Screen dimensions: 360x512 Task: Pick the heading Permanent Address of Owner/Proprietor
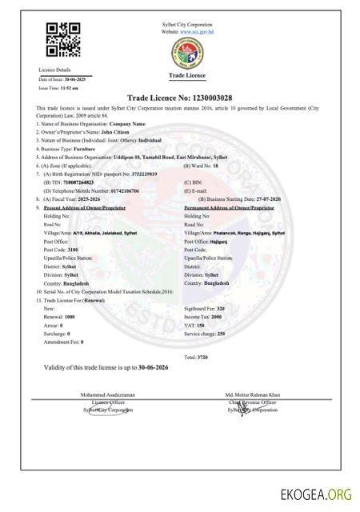point(230,207)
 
